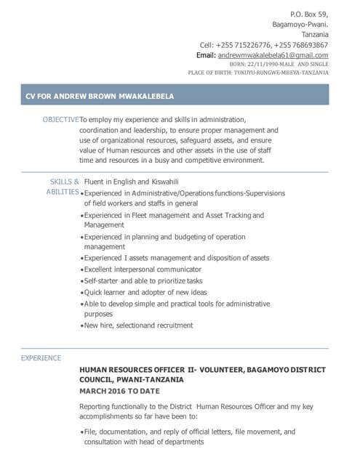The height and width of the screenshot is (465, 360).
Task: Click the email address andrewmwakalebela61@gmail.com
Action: click(x=273, y=55)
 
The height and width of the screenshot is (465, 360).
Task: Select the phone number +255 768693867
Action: click(x=301, y=45)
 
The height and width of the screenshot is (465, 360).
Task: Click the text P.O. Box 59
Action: click(x=309, y=14)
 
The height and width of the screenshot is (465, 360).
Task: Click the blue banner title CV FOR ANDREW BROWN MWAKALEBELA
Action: click(x=100, y=95)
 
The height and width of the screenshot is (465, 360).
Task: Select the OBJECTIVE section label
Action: click(x=60, y=119)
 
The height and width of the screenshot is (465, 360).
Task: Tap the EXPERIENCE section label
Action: click(x=41, y=358)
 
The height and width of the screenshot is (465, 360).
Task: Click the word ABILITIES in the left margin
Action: click(x=63, y=192)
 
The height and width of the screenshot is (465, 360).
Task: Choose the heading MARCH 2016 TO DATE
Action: click(x=119, y=391)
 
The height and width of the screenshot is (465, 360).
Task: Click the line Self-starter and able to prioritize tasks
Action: click(x=143, y=281)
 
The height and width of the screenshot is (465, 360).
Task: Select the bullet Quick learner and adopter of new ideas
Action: click(x=145, y=293)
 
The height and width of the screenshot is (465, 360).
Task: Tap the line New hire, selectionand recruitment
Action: click(x=138, y=325)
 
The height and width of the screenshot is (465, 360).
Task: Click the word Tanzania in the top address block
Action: click(x=314, y=34)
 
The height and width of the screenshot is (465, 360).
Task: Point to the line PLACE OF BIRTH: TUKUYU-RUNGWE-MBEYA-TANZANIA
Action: click(x=258, y=73)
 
